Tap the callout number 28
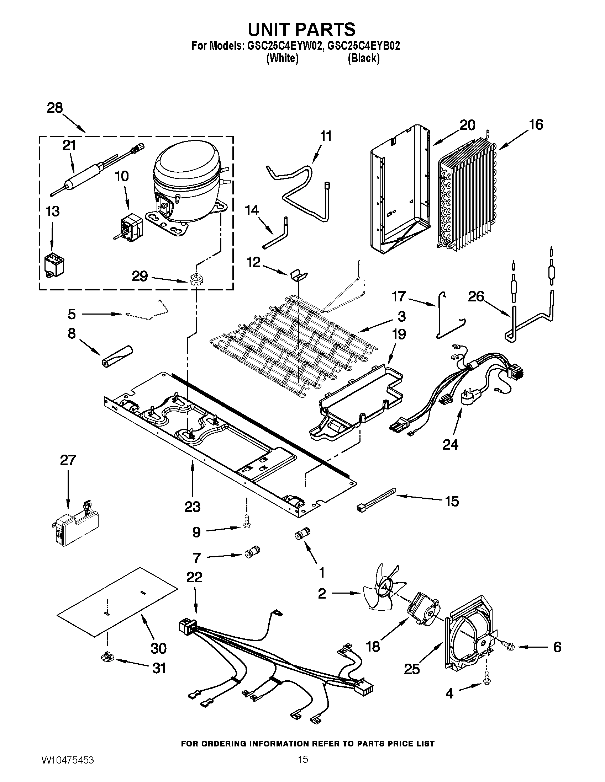click(55, 108)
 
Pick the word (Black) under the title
click(363, 58)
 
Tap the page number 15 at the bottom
click(303, 767)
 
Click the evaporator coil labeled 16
click(466, 193)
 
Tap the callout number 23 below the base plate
click(192, 507)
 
